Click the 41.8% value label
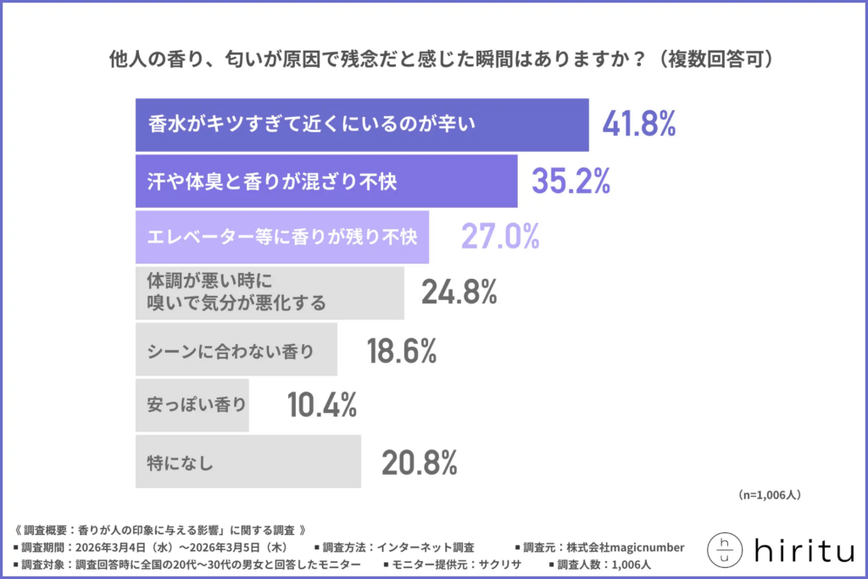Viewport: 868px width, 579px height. (x=638, y=125)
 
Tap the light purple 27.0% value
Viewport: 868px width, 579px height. (x=500, y=237)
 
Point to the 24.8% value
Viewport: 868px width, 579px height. (x=459, y=292)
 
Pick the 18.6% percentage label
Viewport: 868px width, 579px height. (x=401, y=349)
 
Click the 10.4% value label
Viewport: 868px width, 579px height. (x=321, y=406)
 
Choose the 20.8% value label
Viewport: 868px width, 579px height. (x=420, y=462)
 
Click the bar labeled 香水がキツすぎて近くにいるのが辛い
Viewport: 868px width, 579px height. (x=362, y=125)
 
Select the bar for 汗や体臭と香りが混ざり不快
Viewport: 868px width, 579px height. (x=326, y=181)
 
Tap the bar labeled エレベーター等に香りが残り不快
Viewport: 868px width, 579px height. (x=282, y=237)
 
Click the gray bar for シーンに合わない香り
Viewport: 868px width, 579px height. (x=236, y=349)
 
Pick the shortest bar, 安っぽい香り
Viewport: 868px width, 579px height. (x=192, y=406)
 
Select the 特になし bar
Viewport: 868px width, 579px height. (x=248, y=462)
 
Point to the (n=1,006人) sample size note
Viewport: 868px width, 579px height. (x=770, y=494)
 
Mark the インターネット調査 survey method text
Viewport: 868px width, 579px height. (x=426, y=547)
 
